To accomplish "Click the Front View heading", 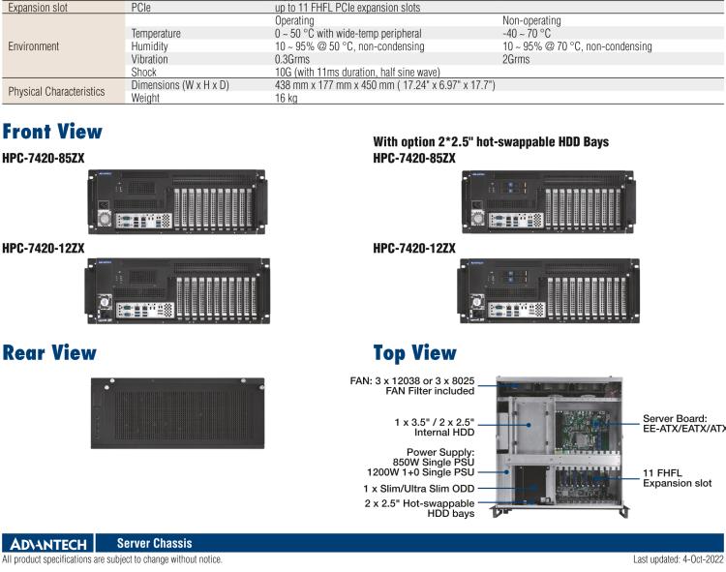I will click(52, 132).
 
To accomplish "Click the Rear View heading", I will click(49, 353).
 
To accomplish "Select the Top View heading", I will click(414, 353).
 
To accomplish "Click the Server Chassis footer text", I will click(154, 544).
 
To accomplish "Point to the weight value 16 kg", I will click(287, 98).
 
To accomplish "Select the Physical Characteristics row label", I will click(56, 91).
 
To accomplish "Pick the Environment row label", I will click(33, 45).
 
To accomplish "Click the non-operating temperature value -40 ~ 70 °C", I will click(527, 33).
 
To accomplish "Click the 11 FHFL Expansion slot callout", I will click(677, 478).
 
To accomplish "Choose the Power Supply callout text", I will click(440, 462).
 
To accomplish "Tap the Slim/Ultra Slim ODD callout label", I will click(418, 489).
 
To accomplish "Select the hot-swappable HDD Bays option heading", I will click(491, 142).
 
